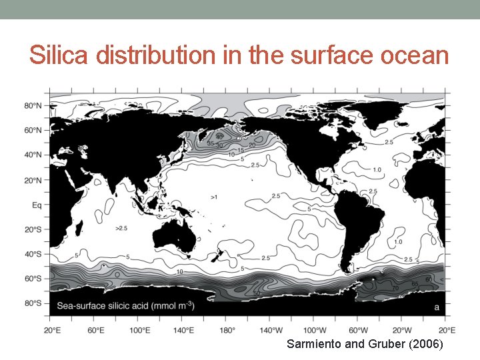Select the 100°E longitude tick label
tap(139, 329)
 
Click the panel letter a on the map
tap(437, 307)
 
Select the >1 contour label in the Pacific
tap(213, 197)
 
